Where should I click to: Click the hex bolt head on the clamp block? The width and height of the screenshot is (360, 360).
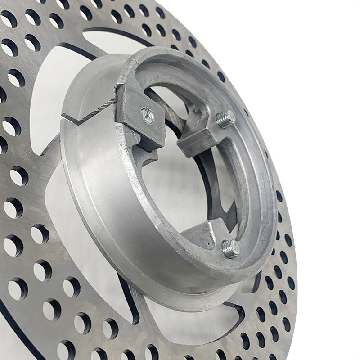click(147, 116)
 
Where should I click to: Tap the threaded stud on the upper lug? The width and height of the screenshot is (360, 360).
click(225, 119)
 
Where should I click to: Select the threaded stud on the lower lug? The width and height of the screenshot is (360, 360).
click(230, 247)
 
